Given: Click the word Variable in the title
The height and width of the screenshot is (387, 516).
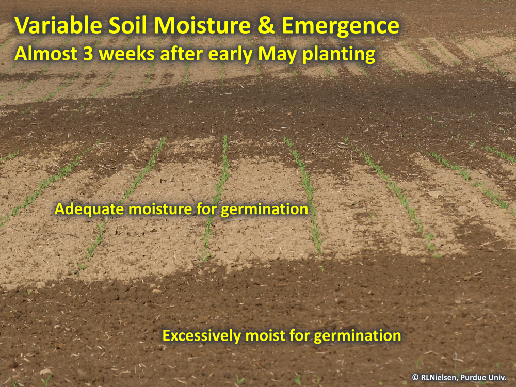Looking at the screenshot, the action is [x=58, y=25].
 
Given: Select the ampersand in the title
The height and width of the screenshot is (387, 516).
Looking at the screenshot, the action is [x=266, y=26].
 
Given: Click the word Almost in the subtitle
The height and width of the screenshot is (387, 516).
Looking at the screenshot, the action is [x=46, y=54].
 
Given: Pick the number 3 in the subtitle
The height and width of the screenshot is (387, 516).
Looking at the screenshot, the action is [x=88, y=54].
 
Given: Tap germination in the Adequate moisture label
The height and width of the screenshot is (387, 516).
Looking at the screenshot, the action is [x=264, y=210].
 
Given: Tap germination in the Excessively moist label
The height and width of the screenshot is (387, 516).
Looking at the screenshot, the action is [x=358, y=336].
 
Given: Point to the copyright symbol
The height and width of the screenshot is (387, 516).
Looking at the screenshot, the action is [x=415, y=378].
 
